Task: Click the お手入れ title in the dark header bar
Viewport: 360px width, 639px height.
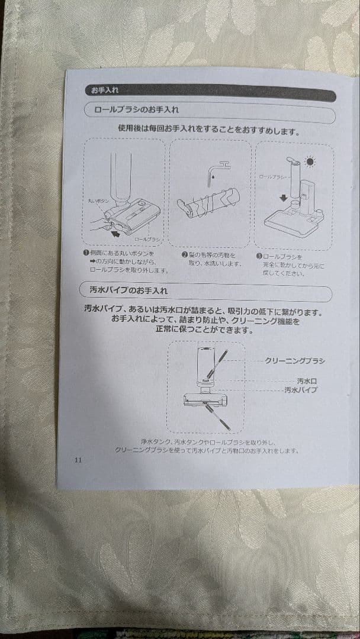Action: (104, 91)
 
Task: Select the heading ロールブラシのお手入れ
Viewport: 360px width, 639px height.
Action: (136, 110)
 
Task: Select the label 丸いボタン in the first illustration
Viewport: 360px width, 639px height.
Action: (98, 201)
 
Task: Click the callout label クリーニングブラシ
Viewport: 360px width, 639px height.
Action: (294, 360)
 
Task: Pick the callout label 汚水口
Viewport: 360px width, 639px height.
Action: (306, 381)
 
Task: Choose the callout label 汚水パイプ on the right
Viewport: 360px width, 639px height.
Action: (300, 390)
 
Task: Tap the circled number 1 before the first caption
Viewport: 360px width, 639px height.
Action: (86, 253)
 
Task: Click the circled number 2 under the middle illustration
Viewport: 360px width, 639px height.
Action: (185, 255)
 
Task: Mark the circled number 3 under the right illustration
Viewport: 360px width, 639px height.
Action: (259, 257)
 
